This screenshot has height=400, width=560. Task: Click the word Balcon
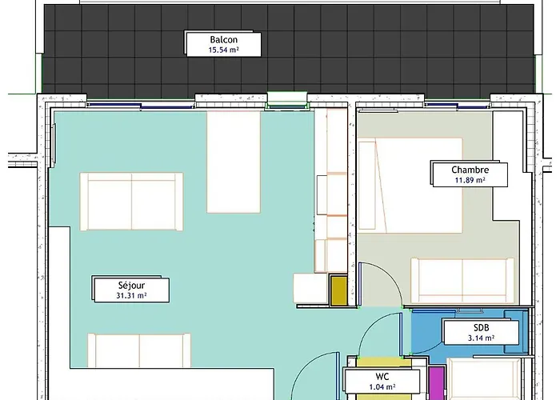tap(224, 40)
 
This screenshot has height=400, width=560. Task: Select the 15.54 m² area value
tap(224, 50)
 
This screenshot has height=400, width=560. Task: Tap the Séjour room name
tap(131, 285)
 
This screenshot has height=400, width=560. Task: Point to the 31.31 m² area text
tap(131, 295)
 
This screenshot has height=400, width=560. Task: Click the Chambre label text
tap(470, 170)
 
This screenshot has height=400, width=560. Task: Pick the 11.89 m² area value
tap(470, 180)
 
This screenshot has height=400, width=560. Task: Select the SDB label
tap(481, 328)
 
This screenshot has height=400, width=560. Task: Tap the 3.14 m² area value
tap(481, 338)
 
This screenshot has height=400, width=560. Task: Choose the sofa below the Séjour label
tap(139, 350)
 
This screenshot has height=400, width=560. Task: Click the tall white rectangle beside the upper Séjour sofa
tap(234, 162)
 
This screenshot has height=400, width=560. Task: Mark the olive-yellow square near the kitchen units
tap(338, 291)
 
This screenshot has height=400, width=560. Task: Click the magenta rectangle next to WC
tap(437, 382)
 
